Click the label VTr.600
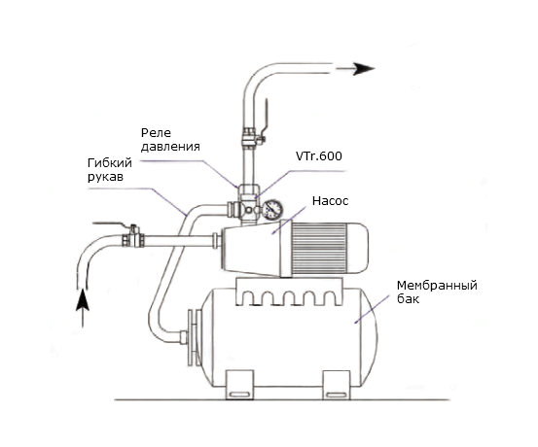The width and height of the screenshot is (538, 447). (x=319, y=156)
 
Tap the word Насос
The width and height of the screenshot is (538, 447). (x=331, y=201)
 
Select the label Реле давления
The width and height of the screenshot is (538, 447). (x=170, y=140)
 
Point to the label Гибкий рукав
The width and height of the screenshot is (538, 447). (x=110, y=170)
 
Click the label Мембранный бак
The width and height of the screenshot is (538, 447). (x=437, y=292)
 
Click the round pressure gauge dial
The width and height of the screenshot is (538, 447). (x=273, y=209)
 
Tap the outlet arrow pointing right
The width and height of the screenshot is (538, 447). (x=355, y=69)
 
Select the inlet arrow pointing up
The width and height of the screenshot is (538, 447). (x=83, y=308)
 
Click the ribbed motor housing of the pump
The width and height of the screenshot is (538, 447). (x=318, y=249)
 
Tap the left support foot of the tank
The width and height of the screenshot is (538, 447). (x=239, y=385)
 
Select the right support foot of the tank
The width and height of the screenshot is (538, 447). (x=337, y=385)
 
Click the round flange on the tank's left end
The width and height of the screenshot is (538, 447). (x=193, y=337)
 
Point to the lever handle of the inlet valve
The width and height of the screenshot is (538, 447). (x=113, y=224)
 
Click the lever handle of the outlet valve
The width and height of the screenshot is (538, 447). (x=266, y=117)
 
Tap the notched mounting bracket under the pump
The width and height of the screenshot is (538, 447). (x=289, y=292)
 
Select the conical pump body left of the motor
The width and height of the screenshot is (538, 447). (x=251, y=249)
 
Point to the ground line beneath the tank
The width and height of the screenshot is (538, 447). (x=282, y=400)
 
